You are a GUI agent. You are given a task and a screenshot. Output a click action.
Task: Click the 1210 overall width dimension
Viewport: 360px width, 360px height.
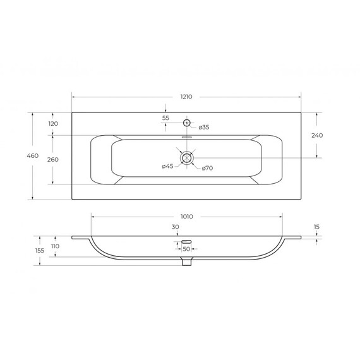coord(186,97)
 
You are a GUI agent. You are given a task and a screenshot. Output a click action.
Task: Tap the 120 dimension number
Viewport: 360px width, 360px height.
coord(53,123)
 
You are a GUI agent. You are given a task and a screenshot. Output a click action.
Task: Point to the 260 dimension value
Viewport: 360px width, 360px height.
coord(53,159)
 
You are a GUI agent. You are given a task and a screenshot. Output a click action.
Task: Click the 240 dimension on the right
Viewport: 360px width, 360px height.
coord(317,135)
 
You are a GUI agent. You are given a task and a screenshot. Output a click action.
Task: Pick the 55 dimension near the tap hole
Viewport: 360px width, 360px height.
coord(165,118)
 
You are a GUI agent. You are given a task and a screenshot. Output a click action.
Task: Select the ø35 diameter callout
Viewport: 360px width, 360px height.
coord(203,128)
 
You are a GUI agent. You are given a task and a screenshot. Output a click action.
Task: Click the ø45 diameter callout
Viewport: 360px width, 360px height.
coord(167,166)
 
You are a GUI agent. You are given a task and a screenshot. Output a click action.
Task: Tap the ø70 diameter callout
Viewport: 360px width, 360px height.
coord(208,167)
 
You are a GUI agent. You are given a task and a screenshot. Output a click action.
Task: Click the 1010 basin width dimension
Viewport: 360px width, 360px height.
coord(186,216)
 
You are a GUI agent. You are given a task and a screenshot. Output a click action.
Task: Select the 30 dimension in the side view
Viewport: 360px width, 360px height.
coord(175,227)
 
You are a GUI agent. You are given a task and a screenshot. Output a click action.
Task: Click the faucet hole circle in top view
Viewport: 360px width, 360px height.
coord(186,123)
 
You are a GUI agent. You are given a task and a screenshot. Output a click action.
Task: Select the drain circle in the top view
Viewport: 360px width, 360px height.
coord(186,157)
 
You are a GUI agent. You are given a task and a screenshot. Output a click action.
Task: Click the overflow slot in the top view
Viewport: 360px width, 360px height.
coord(186,137)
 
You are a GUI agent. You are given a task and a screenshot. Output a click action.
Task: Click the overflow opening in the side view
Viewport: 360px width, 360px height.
coord(186,241)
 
